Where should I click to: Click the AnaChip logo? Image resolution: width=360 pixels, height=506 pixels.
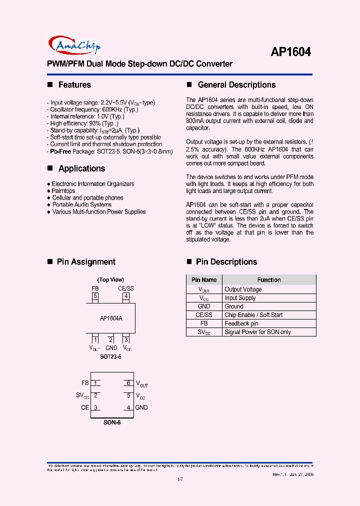click(x=74, y=45)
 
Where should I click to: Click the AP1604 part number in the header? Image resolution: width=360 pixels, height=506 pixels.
click(x=290, y=51)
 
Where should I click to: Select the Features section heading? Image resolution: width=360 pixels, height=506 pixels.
click(x=74, y=85)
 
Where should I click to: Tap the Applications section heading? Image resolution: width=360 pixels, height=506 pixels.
click(x=81, y=168)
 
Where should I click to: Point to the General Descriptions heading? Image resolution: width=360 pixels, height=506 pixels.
click(x=236, y=85)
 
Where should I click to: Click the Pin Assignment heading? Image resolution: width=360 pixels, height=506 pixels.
click(x=86, y=262)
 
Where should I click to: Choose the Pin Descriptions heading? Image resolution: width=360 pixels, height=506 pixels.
click(x=226, y=262)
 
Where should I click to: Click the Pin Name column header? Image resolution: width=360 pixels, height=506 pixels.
click(x=204, y=280)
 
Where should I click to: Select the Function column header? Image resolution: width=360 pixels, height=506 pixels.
click(x=269, y=280)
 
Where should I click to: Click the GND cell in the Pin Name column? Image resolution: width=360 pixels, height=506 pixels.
click(x=204, y=306)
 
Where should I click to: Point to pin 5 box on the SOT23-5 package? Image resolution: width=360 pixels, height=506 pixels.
click(x=95, y=296)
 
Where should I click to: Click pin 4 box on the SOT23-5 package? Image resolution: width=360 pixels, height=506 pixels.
click(x=126, y=296)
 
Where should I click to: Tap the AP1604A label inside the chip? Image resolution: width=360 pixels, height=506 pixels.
click(x=111, y=318)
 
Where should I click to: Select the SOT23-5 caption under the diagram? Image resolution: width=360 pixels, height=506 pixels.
click(x=110, y=357)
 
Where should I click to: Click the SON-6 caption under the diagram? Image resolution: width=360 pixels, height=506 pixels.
click(x=112, y=422)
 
